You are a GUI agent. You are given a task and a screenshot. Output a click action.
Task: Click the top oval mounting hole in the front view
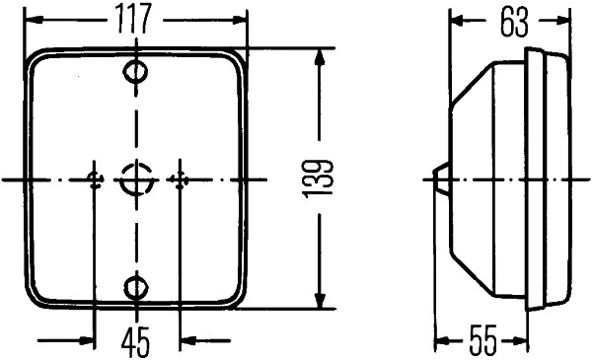136,72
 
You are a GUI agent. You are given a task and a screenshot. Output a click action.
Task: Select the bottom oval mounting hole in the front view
136,287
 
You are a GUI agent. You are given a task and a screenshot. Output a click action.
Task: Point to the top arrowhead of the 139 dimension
319,57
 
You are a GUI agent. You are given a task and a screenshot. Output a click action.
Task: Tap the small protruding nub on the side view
441,179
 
